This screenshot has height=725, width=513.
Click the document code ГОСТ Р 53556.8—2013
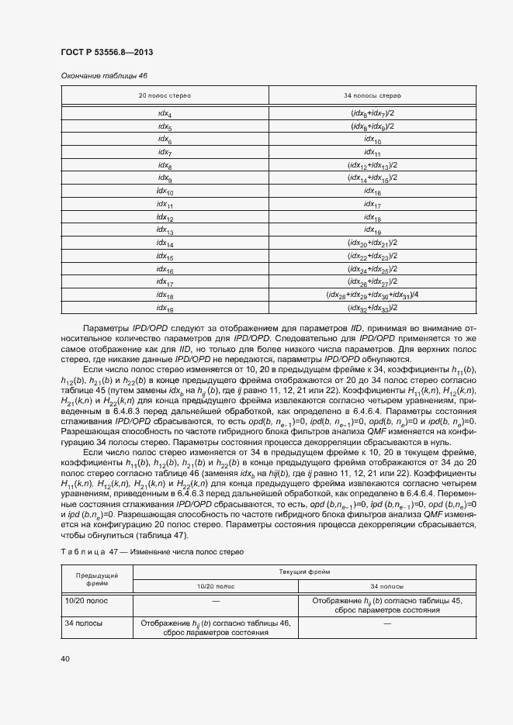pyautogui.click(x=106, y=51)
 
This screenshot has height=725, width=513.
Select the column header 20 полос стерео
pyautogui.click(x=165, y=95)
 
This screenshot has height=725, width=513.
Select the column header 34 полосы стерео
pyautogui.click(x=372, y=95)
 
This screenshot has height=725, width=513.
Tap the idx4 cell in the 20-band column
pyautogui.click(x=165, y=114)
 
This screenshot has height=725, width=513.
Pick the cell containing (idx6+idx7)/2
pyautogui.click(x=372, y=114)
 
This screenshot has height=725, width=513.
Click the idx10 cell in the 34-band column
pyautogui.click(x=372, y=140)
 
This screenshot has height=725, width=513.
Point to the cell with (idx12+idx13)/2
pyautogui.click(x=372, y=165)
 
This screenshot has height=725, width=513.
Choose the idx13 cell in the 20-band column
pyautogui.click(x=165, y=230)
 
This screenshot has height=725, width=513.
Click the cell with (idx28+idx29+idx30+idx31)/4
pyautogui.click(x=372, y=295)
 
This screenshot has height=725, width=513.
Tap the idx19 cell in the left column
pyautogui.click(x=165, y=308)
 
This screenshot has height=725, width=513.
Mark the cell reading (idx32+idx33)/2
pyautogui.click(x=372, y=308)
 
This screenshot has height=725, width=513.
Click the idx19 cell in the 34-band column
pyautogui.click(x=372, y=230)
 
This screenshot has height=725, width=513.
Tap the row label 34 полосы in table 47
pyautogui.click(x=80, y=623)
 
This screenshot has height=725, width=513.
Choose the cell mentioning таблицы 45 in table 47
pyautogui.click(x=386, y=605)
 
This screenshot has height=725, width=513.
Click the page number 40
pyautogui.click(x=65, y=659)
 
